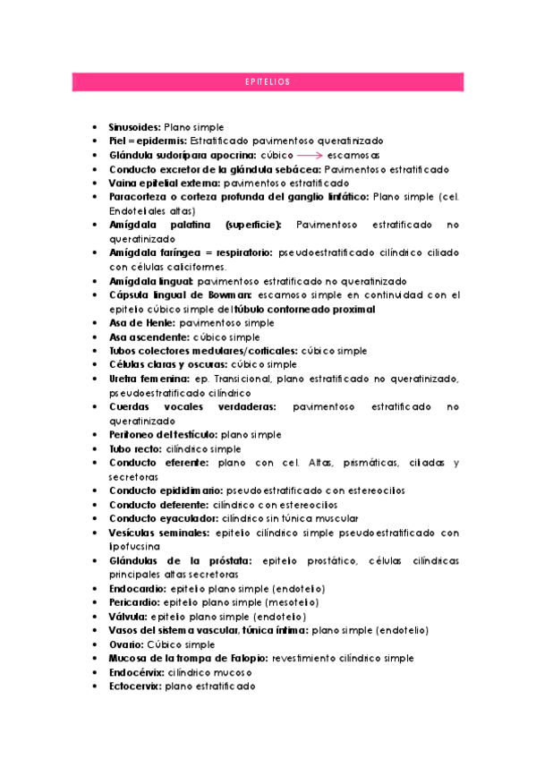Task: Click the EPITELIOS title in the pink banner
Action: click(268, 82)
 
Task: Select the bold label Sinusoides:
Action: click(135, 127)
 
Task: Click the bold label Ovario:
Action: click(126, 644)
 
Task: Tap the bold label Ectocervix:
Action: click(135, 687)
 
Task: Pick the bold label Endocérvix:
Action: click(137, 672)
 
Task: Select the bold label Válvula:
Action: click(129, 617)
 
